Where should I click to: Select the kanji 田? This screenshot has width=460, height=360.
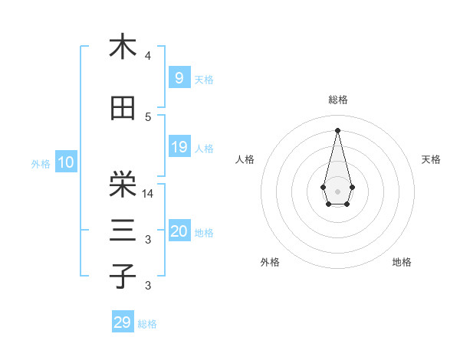(x=123, y=109)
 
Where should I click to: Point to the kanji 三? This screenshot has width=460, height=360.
(x=123, y=231)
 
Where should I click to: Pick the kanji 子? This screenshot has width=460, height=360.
(x=123, y=276)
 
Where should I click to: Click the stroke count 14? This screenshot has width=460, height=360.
(x=149, y=193)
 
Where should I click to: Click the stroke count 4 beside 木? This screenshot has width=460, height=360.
(x=148, y=56)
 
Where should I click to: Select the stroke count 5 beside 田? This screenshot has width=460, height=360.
(x=148, y=117)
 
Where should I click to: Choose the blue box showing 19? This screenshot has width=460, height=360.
(x=179, y=147)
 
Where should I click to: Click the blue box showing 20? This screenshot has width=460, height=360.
(x=179, y=231)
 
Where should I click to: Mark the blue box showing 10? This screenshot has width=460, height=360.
(x=65, y=162)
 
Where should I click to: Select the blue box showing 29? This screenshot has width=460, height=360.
(x=122, y=322)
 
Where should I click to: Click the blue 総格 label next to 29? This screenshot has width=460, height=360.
(x=147, y=324)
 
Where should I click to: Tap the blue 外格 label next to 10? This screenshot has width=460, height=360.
(x=41, y=163)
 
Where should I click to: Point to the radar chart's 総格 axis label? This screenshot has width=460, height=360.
(x=337, y=100)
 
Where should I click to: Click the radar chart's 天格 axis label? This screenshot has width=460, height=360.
(x=431, y=159)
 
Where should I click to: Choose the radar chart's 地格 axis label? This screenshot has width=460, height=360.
(x=402, y=263)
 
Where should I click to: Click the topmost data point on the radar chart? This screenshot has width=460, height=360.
(x=337, y=129)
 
